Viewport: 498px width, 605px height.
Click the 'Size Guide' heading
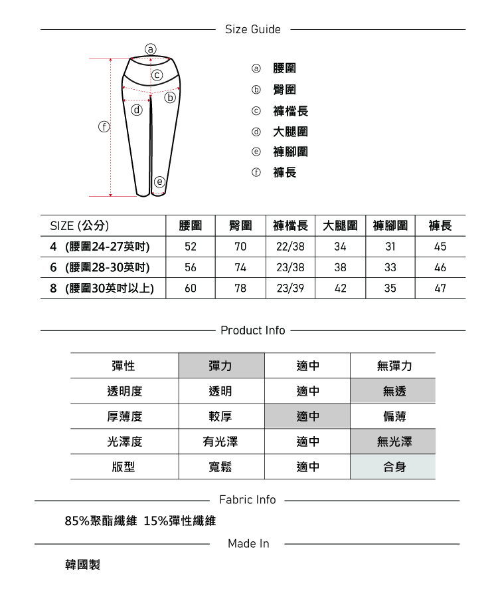point(252,29)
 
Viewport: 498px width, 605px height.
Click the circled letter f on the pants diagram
point(104,126)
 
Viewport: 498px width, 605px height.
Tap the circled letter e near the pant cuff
point(159,181)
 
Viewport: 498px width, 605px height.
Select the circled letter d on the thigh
point(137,110)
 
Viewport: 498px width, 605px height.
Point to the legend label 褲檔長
point(291,111)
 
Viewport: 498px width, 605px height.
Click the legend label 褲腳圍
point(291,152)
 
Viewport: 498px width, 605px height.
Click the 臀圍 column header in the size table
point(240,226)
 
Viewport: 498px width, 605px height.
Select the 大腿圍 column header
point(340,226)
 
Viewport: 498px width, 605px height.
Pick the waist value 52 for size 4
point(191,247)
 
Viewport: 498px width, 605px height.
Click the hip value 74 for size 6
point(240,268)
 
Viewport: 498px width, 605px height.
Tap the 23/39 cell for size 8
point(290,289)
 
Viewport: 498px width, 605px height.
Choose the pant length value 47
point(440,289)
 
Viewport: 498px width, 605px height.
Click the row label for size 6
point(100,268)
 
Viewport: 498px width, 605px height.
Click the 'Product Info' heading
point(252,330)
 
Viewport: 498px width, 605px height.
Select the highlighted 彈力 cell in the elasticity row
point(220,366)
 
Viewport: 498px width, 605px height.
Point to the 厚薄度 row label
point(124,417)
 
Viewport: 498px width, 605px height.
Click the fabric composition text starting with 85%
point(140,521)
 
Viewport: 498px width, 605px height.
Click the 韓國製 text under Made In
point(82,564)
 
